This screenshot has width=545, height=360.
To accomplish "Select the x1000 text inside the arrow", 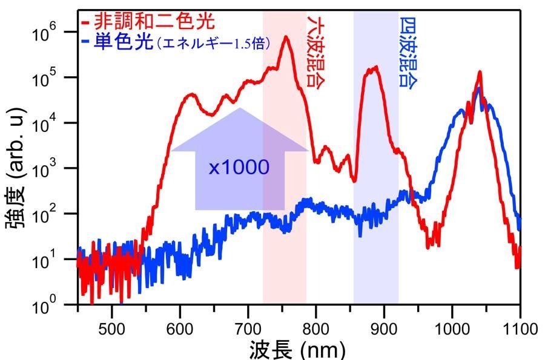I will click(239, 167).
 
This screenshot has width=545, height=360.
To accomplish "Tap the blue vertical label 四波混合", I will click(407, 53).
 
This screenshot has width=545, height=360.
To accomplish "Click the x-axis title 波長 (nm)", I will click(297, 349).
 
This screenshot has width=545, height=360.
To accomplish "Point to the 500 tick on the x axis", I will click(111, 329).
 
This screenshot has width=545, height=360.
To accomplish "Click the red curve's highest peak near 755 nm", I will click(285, 38).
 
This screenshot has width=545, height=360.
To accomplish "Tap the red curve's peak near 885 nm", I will click(375, 67).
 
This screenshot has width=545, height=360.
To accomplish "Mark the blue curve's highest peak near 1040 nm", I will click(479, 88).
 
